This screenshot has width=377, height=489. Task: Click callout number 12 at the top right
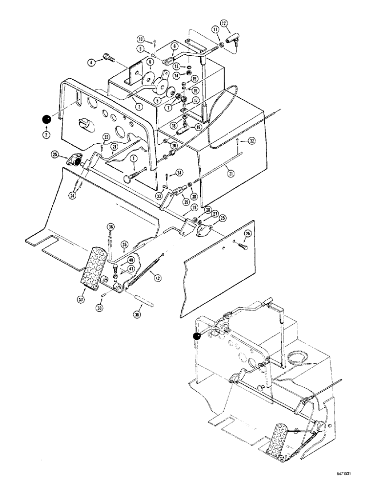point(224,23)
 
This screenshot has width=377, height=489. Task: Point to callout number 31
point(229,172)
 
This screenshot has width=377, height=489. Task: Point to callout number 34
point(180,172)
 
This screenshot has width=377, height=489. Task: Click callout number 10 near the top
point(140,39)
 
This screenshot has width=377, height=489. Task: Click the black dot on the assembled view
point(197,336)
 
